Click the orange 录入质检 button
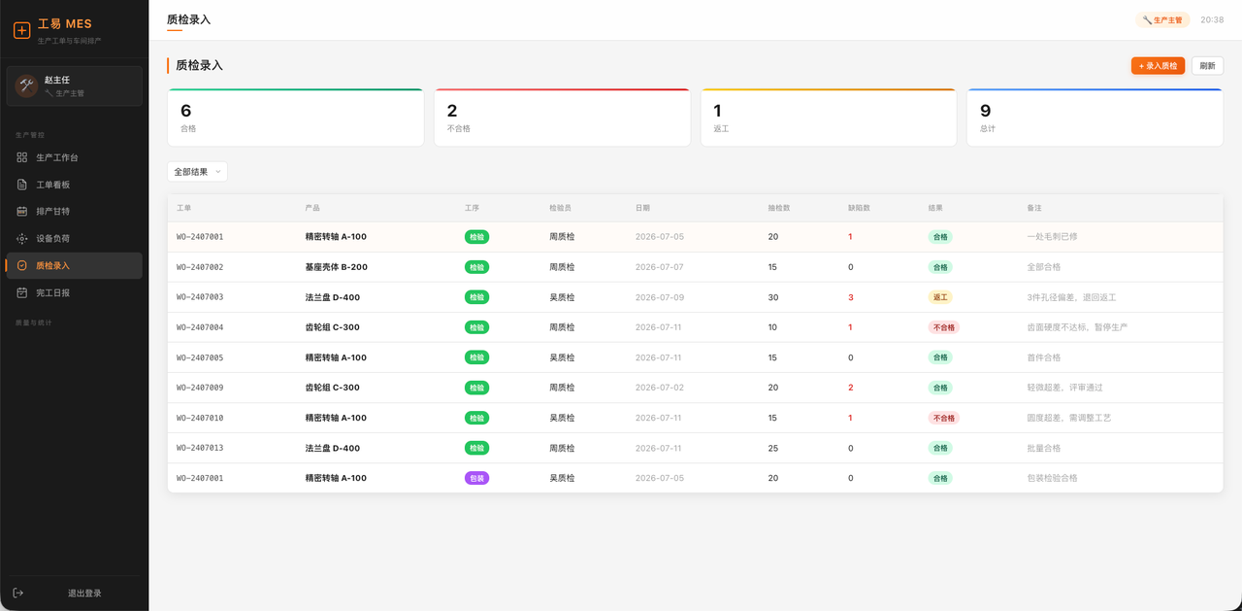[1158, 66]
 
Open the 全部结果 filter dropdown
[197, 172]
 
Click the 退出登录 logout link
[84, 594]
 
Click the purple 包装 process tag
[476, 478]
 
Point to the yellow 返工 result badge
[940, 297]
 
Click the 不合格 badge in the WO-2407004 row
[944, 327]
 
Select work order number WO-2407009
[200, 388]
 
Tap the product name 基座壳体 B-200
[336, 267]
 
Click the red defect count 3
[851, 297]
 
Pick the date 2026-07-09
[660, 297]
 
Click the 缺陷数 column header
[859, 208]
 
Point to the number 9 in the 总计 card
[985, 111]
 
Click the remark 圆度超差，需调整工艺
[1069, 418]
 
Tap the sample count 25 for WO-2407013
[773, 449]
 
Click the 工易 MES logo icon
[21, 30]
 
